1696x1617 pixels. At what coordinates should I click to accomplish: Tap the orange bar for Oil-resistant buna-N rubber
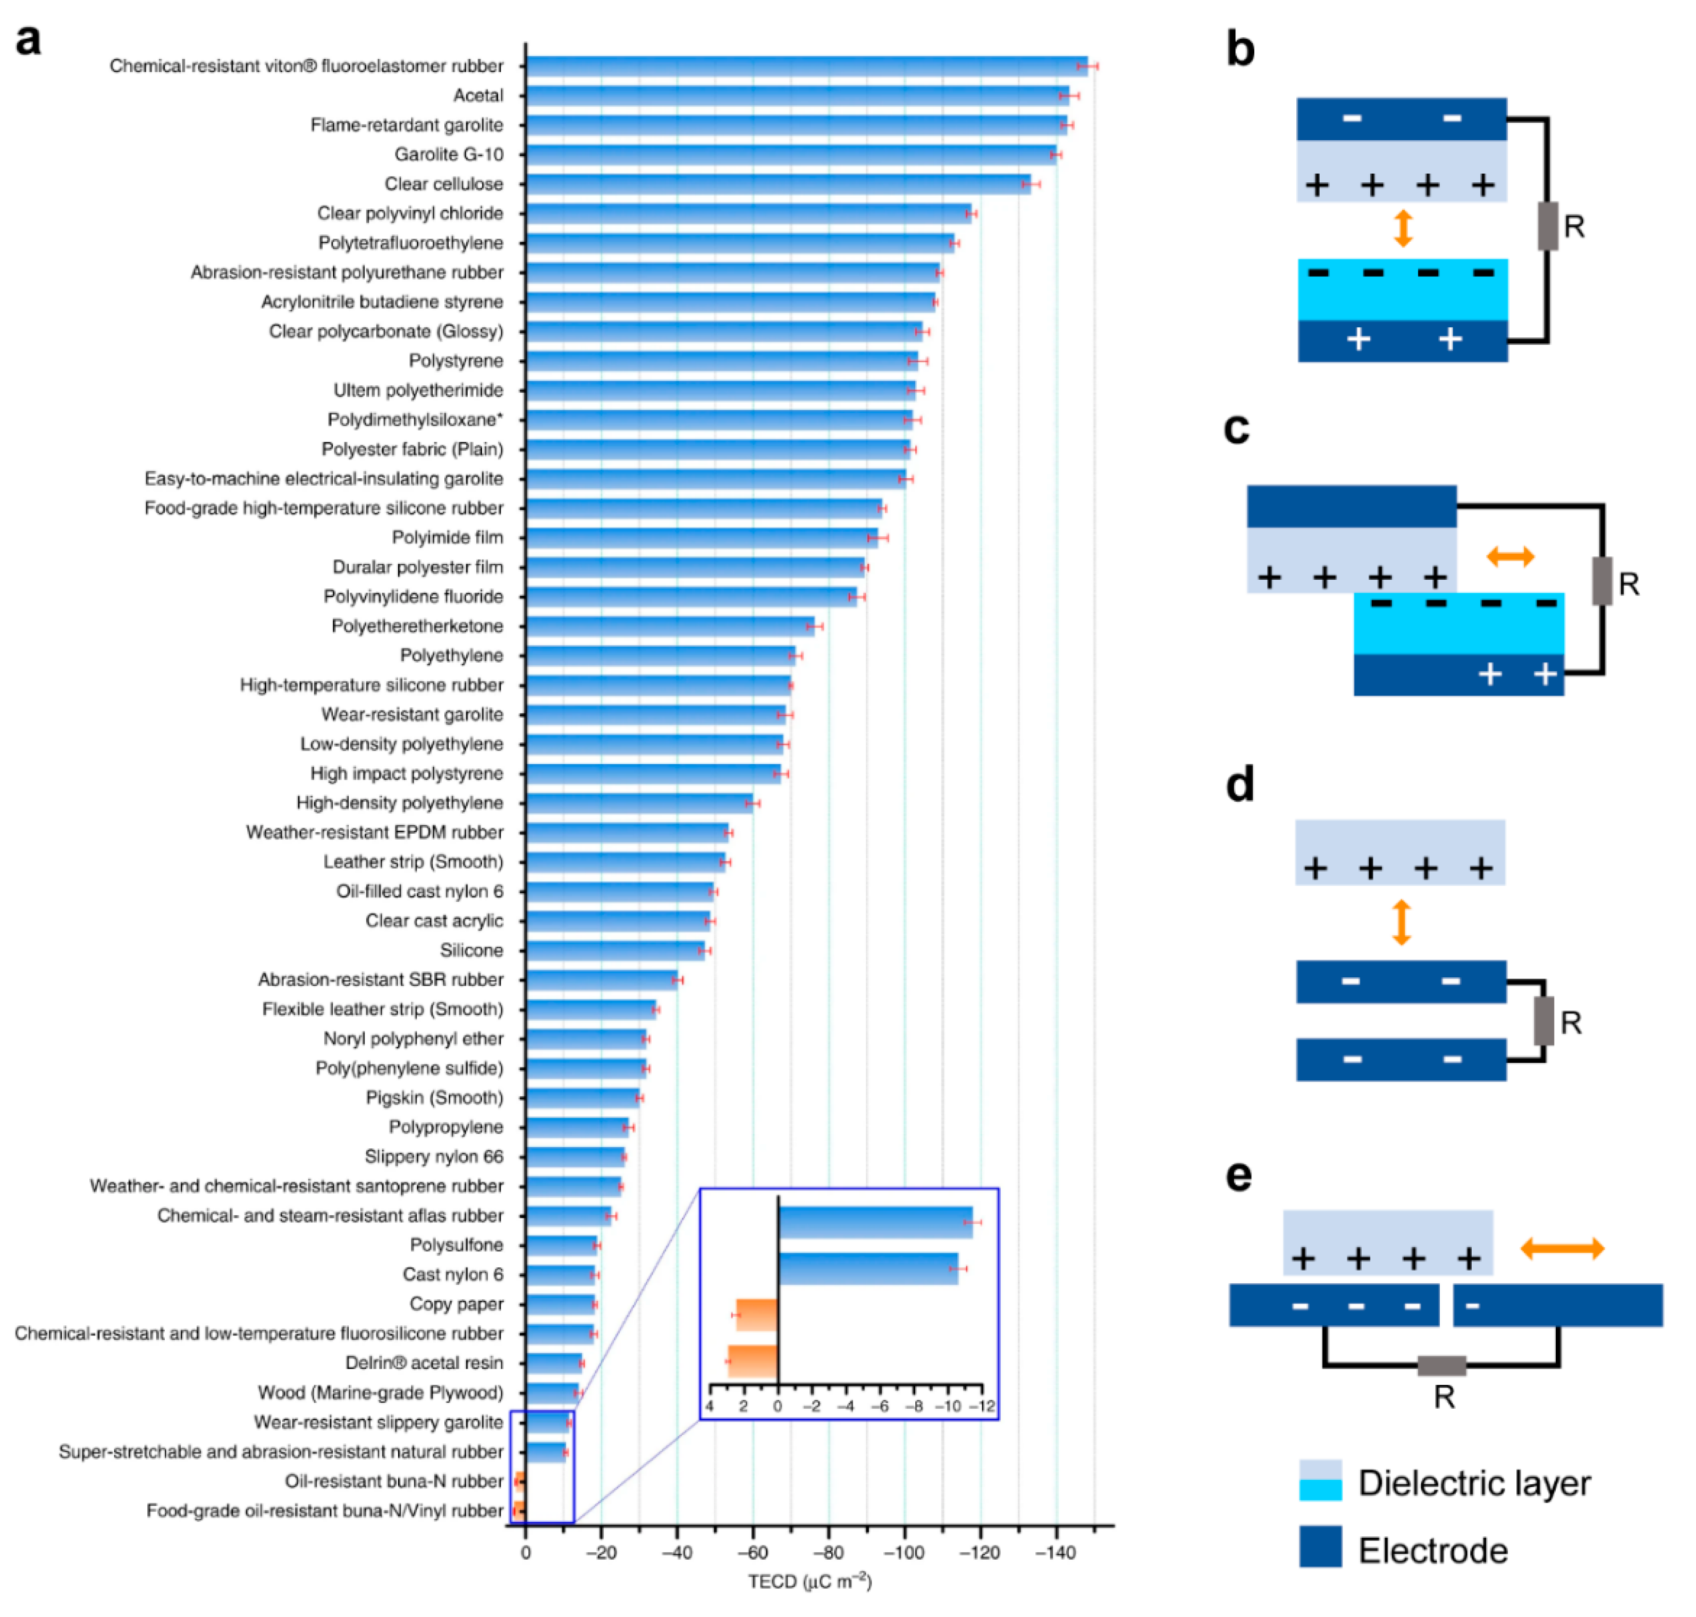click(520, 1481)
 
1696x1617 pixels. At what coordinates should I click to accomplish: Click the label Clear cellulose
click(443, 184)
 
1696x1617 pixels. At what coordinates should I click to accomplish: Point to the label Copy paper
click(456, 1304)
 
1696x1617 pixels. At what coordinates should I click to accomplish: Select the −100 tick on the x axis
click(905, 1552)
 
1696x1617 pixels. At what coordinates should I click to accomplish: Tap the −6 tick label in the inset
click(880, 1406)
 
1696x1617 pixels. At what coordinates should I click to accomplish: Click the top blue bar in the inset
click(875, 1222)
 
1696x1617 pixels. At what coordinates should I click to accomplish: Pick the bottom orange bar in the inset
click(753, 1361)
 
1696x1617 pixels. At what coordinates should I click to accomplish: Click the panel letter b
click(1240, 50)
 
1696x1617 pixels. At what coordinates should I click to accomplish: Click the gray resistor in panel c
click(1601, 581)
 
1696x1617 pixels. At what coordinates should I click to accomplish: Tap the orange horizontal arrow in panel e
click(1562, 1248)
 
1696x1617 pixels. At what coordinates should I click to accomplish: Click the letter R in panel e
click(1444, 1397)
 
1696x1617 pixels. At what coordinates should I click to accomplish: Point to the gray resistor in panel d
click(1543, 1021)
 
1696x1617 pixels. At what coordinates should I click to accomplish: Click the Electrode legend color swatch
click(1320, 1546)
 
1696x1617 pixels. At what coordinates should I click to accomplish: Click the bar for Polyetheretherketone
click(670, 626)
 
